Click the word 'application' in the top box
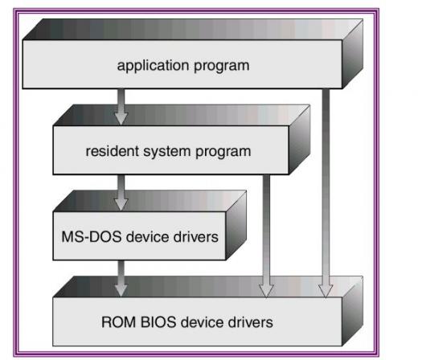point(153,66)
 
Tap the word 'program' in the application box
point(222,67)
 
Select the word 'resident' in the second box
point(112,151)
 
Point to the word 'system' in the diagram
point(166,153)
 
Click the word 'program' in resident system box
point(223,153)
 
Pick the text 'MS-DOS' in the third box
point(92,237)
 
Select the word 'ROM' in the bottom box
point(118,322)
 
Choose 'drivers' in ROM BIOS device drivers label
point(251,322)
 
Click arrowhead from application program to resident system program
point(121,118)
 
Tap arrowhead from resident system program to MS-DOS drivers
point(121,204)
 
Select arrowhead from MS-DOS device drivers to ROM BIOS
point(121,290)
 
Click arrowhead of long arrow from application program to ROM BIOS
point(326,291)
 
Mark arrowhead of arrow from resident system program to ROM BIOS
point(266,291)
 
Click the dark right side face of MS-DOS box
point(236,226)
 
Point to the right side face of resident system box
point(299,140)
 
